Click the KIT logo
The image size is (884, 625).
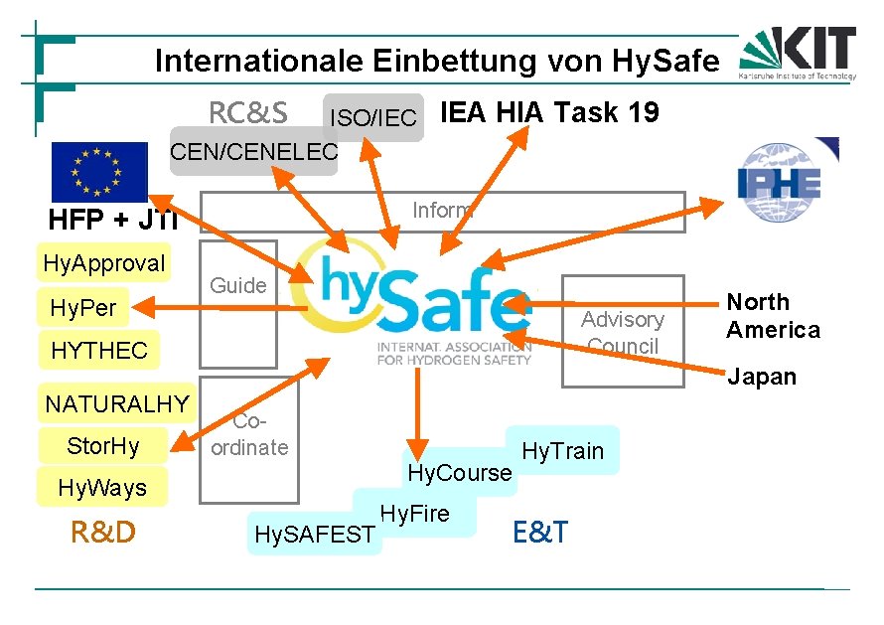click(798, 53)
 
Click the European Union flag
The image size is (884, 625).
click(99, 172)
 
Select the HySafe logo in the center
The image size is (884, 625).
click(417, 295)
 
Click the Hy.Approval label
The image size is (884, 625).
click(104, 263)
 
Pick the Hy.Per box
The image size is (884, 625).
click(83, 308)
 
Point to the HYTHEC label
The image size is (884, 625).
click(99, 351)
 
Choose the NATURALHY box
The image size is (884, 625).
click(116, 404)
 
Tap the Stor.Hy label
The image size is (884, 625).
click(103, 446)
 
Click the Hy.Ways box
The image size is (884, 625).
click(102, 488)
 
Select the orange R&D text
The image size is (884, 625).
click(102, 534)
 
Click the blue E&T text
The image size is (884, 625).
click(540, 533)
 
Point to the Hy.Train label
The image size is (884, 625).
click(563, 451)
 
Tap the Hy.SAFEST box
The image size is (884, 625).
click(314, 535)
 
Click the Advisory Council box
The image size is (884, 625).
click(623, 332)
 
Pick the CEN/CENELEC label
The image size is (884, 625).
click(254, 152)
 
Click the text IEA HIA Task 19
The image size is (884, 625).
click(549, 113)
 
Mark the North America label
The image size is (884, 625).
click(773, 316)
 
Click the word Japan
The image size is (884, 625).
click(762, 377)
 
